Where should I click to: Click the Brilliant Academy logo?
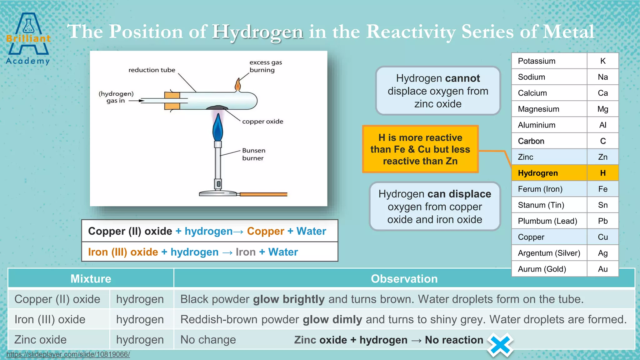pyautogui.click(x=28, y=39)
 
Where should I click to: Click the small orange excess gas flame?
pyautogui.click(x=238, y=85)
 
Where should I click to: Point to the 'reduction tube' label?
pyautogui.click(x=152, y=70)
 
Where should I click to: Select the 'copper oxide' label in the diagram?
pyautogui.click(x=262, y=122)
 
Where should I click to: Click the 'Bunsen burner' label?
pyautogui.click(x=253, y=154)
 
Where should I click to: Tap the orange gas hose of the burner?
pyautogui.click(x=263, y=194)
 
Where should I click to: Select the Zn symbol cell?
pyautogui.click(x=602, y=157)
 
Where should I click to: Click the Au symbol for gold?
pyautogui.click(x=602, y=269)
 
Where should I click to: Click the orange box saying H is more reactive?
pyautogui.click(x=420, y=149)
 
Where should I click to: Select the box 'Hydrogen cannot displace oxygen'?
pyautogui.click(x=438, y=91)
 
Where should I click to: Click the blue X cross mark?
pyautogui.click(x=500, y=345)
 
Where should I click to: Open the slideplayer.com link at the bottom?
pyautogui.click(x=68, y=354)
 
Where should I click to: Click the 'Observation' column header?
pyautogui.click(x=404, y=278)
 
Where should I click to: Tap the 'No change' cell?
pyautogui.click(x=208, y=340)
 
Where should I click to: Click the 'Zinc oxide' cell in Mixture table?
pyautogui.click(x=41, y=340)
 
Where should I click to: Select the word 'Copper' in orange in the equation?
pyautogui.click(x=265, y=231)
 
